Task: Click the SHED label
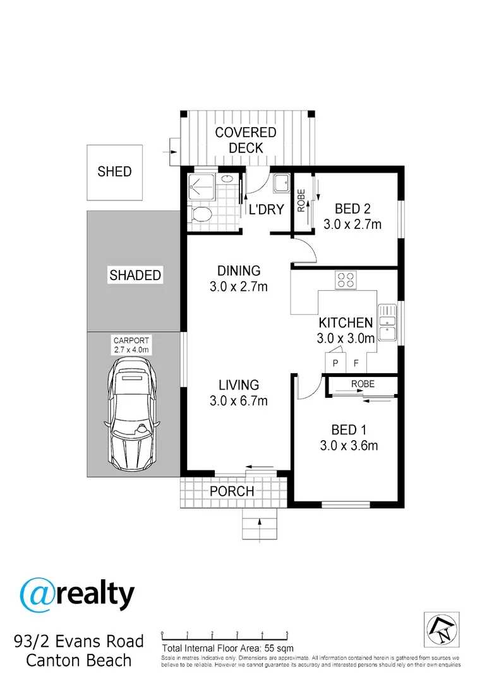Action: pyautogui.click(x=114, y=171)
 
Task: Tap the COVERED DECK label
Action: pyautogui.click(x=245, y=140)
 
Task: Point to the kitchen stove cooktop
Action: pyautogui.click(x=346, y=280)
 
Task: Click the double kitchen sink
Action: pyautogui.click(x=386, y=323)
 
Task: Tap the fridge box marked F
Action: pyautogui.click(x=356, y=363)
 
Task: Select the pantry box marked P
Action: pyautogui.click(x=335, y=363)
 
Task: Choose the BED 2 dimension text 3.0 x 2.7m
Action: pyautogui.click(x=352, y=224)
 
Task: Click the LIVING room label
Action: pyautogui.click(x=239, y=385)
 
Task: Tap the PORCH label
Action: pyautogui.click(x=232, y=491)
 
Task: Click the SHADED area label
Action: pyautogui.click(x=135, y=275)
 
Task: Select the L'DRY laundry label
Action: pyautogui.click(x=266, y=209)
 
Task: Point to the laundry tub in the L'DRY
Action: pyautogui.click(x=280, y=183)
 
